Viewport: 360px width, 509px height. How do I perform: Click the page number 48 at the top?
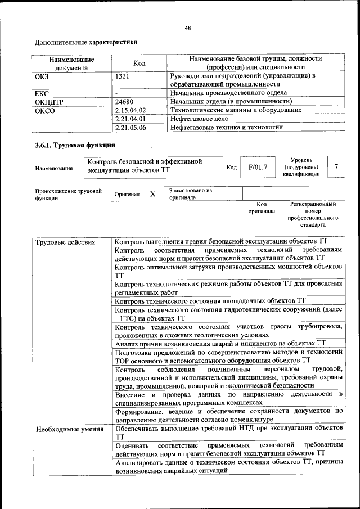click(x=188, y=28)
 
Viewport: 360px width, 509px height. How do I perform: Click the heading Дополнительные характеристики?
click(x=85, y=42)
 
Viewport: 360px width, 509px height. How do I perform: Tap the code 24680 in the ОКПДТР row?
click(x=125, y=102)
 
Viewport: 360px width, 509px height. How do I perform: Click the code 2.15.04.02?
click(x=130, y=110)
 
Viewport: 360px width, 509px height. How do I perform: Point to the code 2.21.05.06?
click(x=130, y=128)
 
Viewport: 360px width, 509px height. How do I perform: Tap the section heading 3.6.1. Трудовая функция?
click(x=71, y=146)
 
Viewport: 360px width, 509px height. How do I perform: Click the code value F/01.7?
click(x=258, y=167)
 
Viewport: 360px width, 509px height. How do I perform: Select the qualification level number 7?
click(x=336, y=167)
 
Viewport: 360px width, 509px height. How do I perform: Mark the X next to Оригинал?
click(x=152, y=194)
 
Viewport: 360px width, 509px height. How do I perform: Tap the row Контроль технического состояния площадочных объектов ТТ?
click(x=209, y=301)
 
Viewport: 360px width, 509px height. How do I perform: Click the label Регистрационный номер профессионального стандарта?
click(x=312, y=214)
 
